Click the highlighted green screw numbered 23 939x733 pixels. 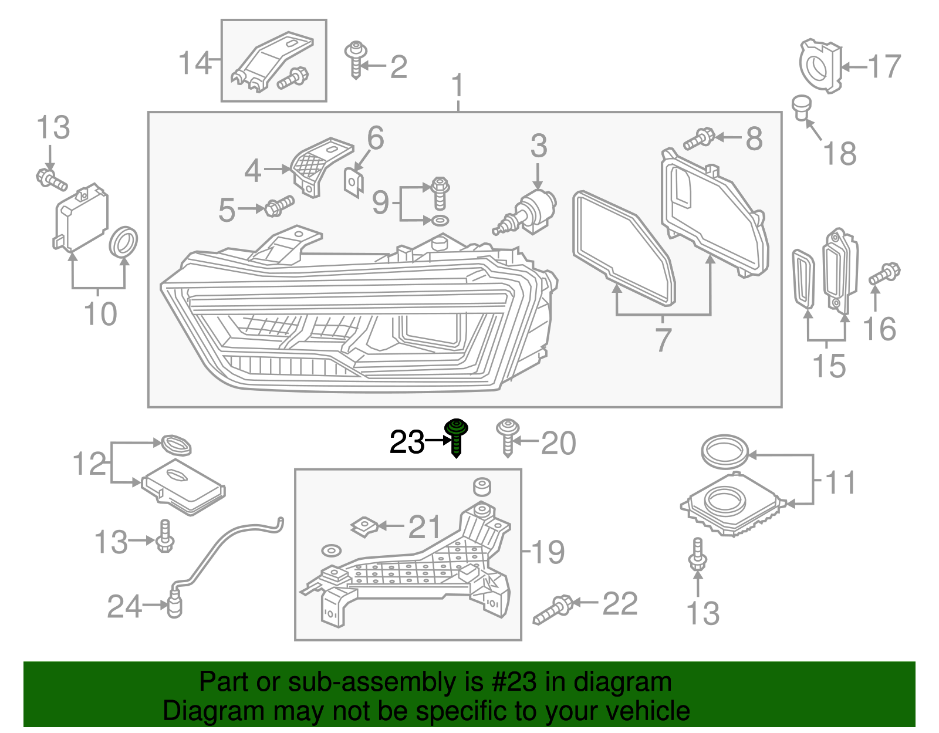click(x=456, y=437)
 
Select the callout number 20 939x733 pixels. click(x=558, y=443)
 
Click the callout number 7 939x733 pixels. click(x=663, y=340)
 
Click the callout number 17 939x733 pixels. click(x=884, y=66)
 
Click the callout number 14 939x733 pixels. click(x=195, y=63)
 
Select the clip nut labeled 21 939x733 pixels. click(x=364, y=526)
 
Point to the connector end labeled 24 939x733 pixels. click(x=175, y=606)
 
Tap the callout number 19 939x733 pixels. click(x=548, y=552)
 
